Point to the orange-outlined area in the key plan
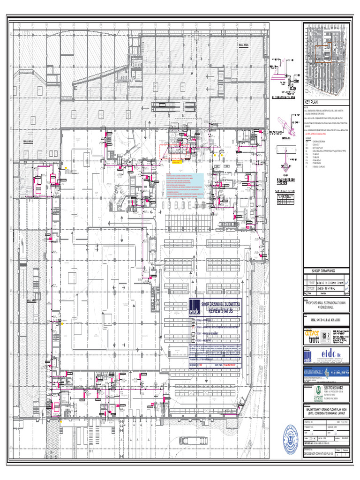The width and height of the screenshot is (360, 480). tap(323, 53)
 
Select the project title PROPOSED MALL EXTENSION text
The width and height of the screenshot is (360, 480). tap(327, 305)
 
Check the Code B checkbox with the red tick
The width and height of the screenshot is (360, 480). tap(192, 328)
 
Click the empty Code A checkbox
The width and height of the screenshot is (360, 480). tap(192, 321)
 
